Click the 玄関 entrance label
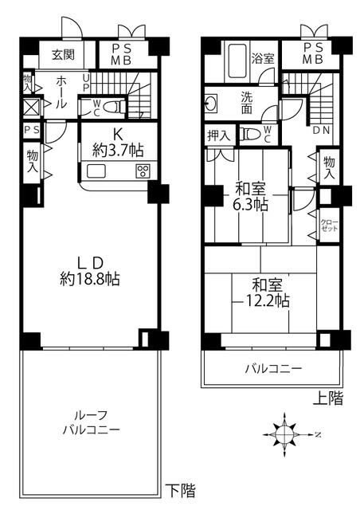[63, 55]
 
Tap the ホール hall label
[61, 92]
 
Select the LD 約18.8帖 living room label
[90, 270]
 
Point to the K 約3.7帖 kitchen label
[118, 143]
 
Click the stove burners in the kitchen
[143, 171]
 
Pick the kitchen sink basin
[96, 171]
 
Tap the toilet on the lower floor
[115, 106]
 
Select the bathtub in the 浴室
[237, 61]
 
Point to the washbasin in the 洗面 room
[210, 104]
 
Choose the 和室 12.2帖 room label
[266, 292]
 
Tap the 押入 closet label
[219, 135]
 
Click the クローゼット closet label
[329, 225]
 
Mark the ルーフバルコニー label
[91, 422]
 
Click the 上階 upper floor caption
[328, 398]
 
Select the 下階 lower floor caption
[181, 491]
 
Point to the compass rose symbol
[284, 434]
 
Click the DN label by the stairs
[321, 131]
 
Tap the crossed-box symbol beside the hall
[32, 107]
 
